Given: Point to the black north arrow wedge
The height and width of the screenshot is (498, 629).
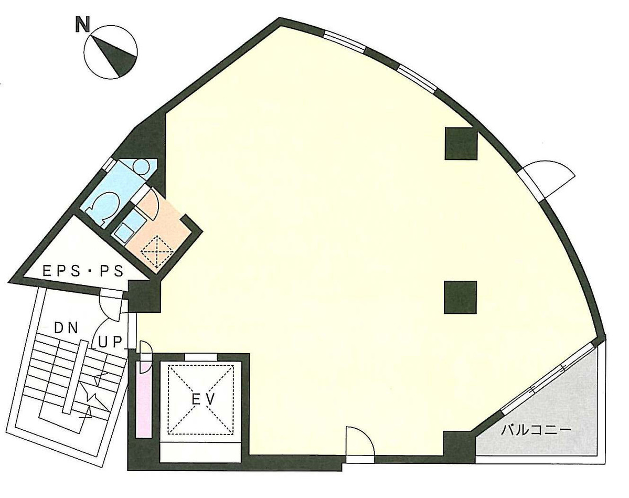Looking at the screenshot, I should pyautogui.click(x=116, y=55).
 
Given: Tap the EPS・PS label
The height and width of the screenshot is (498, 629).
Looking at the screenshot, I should pyautogui.click(x=83, y=271).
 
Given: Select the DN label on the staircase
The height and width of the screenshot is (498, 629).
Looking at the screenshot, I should pyautogui.click(x=66, y=329).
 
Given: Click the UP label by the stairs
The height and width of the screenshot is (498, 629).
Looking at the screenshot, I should pyautogui.click(x=111, y=342).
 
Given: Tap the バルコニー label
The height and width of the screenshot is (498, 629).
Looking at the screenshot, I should pyautogui.click(x=535, y=431).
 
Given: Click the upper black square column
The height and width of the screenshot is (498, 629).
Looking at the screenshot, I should pyautogui.click(x=461, y=143).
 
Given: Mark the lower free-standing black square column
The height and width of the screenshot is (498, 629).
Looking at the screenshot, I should pyautogui.click(x=460, y=297).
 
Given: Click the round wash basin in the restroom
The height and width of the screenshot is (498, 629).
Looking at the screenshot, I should pyautogui.click(x=141, y=166).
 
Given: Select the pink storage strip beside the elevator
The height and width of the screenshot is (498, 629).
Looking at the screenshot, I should pyautogui.click(x=143, y=399).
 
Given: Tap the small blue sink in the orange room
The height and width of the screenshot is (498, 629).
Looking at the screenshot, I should pyautogui.click(x=125, y=230).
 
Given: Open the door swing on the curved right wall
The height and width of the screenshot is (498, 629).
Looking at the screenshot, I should pyautogui.click(x=548, y=177).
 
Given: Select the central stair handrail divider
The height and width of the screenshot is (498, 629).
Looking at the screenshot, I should pyautogui.click(x=72, y=375).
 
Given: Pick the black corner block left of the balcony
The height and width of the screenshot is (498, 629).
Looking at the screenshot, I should pyautogui.click(x=458, y=447).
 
